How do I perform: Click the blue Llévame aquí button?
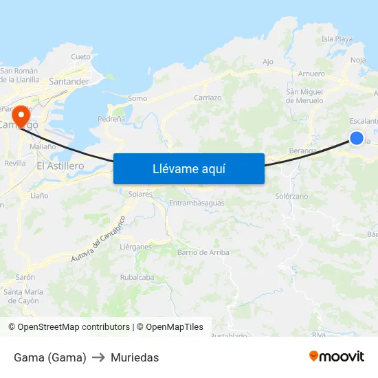(188, 168)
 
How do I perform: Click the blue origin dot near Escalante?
(356, 138)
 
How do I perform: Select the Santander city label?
(69, 81)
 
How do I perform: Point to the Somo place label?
(137, 98)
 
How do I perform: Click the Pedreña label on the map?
(111, 119)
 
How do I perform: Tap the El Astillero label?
(60, 166)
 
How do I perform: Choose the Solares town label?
(140, 194)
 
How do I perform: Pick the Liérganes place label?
(135, 246)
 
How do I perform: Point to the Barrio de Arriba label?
(203, 252)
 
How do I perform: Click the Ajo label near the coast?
(268, 62)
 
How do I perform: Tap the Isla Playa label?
(337, 39)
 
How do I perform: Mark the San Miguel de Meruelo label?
(304, 96)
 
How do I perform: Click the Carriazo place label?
(208, 98)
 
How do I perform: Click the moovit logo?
(336, 356)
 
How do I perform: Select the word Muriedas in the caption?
(135, 357)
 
